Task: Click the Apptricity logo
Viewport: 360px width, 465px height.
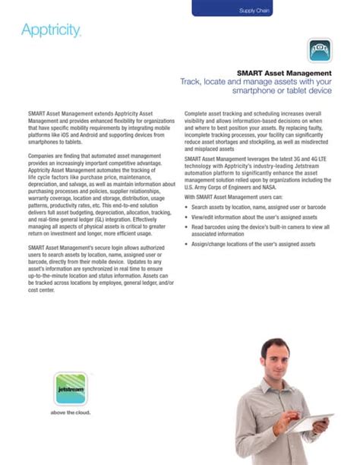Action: pyautogui.click(x=51, y=31)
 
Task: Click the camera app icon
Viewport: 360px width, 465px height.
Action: pyautogui.click(x=319, y=50)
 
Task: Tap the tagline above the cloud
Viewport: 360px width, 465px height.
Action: pyautogui.click(x=70, y=413)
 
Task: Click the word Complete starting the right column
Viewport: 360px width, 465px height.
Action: pyautogui.click(x=197, y=113)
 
